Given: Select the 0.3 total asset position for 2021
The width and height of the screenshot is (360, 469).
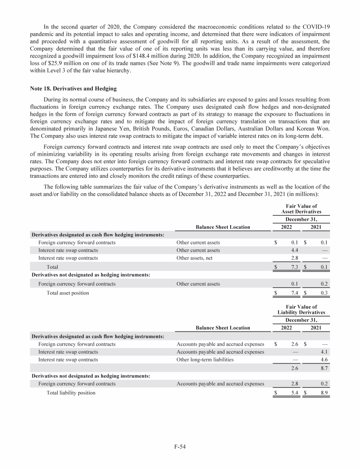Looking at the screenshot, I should tap(322, 293).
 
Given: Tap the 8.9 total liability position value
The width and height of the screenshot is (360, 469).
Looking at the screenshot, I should tap(322, 392).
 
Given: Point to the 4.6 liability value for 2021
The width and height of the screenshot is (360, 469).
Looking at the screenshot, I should tap(322, 360).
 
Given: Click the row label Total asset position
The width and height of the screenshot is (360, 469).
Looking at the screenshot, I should tap(67, 293).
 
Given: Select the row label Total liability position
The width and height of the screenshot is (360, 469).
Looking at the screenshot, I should tap(71, 392).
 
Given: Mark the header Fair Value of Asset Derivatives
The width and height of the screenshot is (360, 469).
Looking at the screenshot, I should tap(301, 208).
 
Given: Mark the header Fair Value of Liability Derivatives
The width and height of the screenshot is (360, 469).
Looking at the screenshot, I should tap(301, 309).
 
